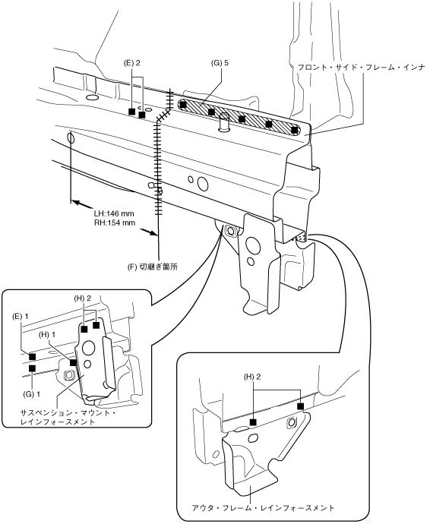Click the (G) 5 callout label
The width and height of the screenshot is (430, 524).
[220, 63]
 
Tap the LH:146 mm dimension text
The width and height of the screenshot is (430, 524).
[114, 213]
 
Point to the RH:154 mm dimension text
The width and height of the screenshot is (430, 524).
[115, 223]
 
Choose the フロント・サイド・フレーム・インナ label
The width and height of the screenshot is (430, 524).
[361, 67]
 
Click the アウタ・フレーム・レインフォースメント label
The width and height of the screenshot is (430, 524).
[263, 508]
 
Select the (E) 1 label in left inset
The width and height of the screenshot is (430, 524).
[21, 316]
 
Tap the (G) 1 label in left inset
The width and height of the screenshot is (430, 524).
[31, 394]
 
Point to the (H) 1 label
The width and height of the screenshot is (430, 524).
[47, 334]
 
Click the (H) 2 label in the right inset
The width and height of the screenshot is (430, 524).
[252, 377]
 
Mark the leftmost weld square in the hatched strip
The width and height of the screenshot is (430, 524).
[183, 104]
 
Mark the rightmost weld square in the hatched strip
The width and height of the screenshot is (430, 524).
[294, 130]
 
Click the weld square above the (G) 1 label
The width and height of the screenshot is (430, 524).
[32, 368]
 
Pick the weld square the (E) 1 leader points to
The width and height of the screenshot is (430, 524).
[32, 357]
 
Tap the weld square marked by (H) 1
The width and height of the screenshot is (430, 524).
[73, 362]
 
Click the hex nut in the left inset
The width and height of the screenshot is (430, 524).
[68, 376]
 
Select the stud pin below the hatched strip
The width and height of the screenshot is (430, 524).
[223, 122]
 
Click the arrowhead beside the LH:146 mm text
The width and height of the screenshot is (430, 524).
[75, 203]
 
